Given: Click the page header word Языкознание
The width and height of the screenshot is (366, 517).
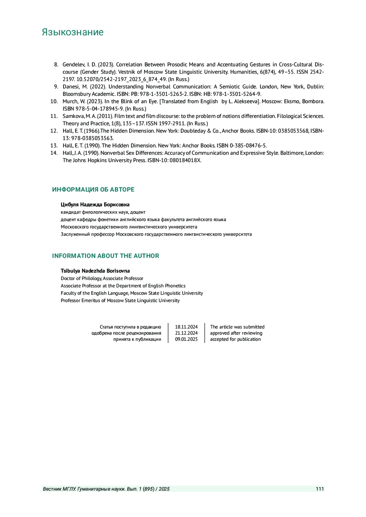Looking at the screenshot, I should click(73, 32).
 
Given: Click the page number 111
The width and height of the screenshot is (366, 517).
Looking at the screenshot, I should click(320, 489).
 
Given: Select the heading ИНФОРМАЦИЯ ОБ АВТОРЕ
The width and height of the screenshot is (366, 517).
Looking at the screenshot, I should click(93, 189).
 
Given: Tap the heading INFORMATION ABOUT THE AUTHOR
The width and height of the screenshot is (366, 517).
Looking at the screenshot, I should click(106, 256).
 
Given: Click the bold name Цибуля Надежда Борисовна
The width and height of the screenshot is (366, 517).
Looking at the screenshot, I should click(95, 204).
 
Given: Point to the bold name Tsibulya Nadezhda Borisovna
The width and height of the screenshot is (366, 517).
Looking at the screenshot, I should click(95, 271).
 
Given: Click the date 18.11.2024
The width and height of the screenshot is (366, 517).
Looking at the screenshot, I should click(186, 327).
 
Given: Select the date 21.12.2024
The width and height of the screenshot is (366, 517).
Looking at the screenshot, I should click(186, 333).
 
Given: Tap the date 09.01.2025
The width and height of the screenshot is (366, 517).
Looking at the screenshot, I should click(186, 339).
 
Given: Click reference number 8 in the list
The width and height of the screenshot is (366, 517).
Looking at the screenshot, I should click(56, 65).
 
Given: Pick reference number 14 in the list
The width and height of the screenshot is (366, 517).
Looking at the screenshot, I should click(54, 153).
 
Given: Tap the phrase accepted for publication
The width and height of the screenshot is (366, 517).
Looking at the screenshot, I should click(235, 339).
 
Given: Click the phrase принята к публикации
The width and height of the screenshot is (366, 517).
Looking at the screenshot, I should click(137, 339).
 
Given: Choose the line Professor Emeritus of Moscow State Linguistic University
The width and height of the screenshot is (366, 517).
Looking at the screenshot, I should click(120, 300).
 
